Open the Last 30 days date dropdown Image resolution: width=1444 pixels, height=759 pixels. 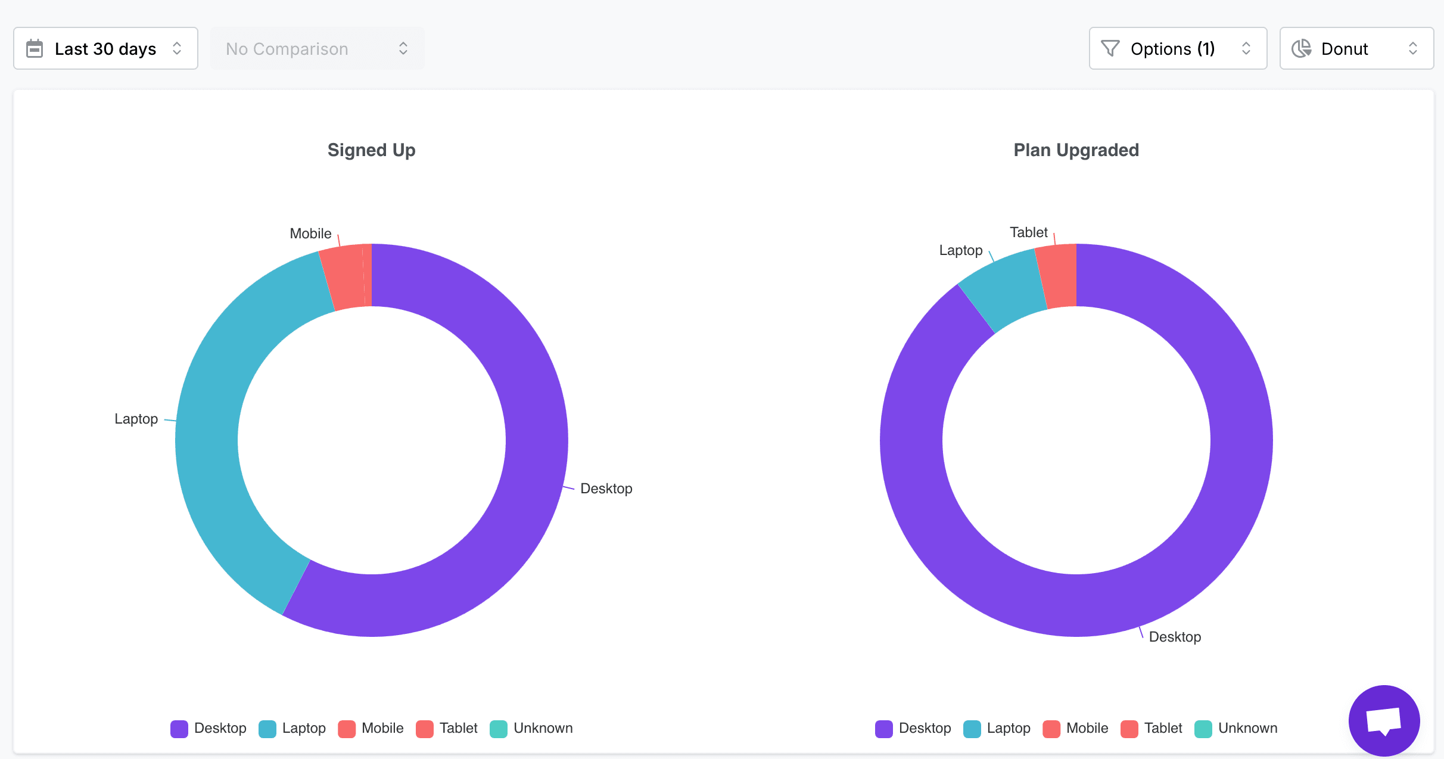105,48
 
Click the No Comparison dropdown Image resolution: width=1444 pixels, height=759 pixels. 317,48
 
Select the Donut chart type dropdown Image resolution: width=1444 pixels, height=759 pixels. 1356,48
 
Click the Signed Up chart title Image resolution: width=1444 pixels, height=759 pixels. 371,150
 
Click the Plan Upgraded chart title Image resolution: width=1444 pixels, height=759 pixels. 1076,150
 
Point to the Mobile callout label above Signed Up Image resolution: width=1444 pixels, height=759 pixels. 310,234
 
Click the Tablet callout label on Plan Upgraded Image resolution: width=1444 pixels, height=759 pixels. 1028,232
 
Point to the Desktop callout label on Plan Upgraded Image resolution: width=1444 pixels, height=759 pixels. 1175,637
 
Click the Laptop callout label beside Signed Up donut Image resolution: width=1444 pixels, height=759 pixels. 136,419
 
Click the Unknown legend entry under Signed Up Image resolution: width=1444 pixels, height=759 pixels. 531,728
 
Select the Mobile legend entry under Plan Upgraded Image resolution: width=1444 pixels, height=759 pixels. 1075,728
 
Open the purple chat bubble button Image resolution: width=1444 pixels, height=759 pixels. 1384,720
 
